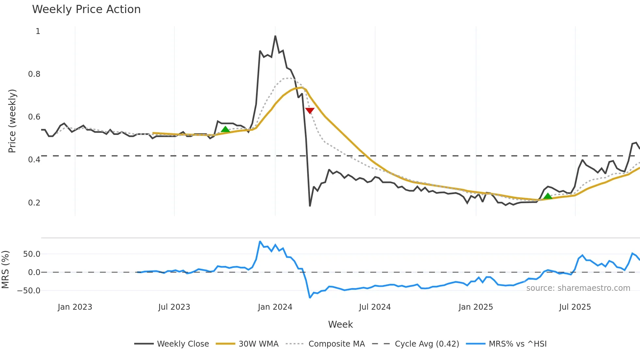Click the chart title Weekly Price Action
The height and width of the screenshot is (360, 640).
[86, 9]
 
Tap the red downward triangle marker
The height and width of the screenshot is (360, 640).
[310, 111]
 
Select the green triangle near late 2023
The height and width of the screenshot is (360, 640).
[225, 129]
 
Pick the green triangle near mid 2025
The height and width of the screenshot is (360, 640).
[548, 196]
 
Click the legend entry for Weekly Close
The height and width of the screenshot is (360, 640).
[183, 344]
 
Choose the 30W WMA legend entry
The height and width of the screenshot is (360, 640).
[258, 344]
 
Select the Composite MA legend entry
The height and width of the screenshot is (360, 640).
[336, 344]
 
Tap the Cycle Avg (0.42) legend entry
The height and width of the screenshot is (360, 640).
[427, 344]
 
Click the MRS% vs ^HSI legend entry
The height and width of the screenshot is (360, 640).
[518, 344]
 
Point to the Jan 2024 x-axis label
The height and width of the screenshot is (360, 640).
[275, 307]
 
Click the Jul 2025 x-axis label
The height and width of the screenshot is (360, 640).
[575, 307]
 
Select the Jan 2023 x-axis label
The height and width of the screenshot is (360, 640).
[75, 307]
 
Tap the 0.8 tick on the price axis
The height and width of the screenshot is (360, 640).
[34, 74]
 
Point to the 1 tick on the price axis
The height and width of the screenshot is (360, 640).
[38, 31]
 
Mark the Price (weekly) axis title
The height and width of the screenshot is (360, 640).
[12, 121]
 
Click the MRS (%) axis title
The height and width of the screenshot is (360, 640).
[5, 270]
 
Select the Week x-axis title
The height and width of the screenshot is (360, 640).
[340, 324]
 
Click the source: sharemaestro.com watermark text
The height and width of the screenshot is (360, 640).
[578, 288]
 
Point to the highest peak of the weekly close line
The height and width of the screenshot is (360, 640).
[275, 36]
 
